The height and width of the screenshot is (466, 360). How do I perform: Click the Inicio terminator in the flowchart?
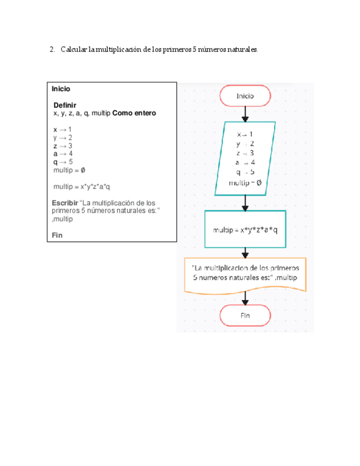(x=245, y=96)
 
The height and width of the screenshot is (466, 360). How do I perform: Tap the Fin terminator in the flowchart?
(x=245, y=316)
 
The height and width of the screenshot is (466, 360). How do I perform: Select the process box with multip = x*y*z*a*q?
(x=245, y=230)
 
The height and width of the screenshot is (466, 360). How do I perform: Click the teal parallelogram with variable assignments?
(x=245, y=158)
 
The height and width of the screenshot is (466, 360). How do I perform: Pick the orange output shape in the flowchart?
(x=245, y=274)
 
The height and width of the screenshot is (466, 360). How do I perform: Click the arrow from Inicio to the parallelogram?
(x=245, y=114)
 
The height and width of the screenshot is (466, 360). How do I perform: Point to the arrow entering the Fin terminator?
(x=245, y=298)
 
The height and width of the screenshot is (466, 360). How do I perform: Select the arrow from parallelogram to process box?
(x=245, y=202)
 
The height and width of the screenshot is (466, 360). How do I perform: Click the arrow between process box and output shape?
(x=245, y=252)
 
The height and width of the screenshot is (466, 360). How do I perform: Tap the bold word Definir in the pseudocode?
(x=65, y=105)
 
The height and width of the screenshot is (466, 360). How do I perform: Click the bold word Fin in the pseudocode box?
(x=58, y=235)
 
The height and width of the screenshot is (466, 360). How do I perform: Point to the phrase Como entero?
(x=134, y=113)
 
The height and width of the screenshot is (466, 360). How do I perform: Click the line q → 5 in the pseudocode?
(x=63, y=162)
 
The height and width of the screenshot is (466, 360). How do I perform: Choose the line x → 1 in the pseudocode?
(x=63, y=129)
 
